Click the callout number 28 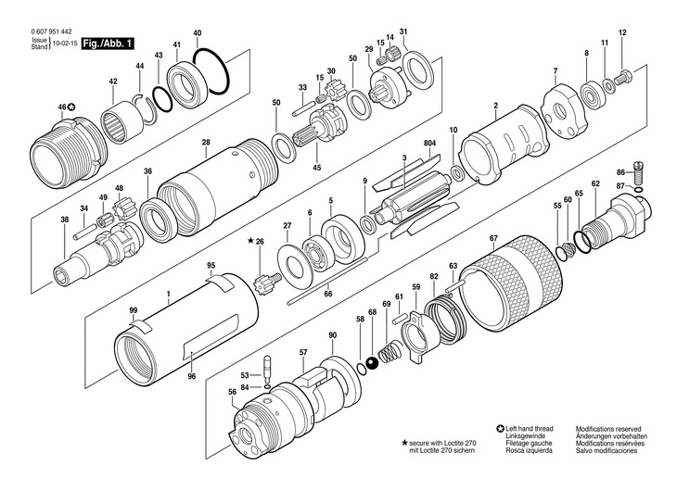click(x=206, y=142)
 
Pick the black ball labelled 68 click(x=372, y=362)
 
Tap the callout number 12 click(x=622, y=34)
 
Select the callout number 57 click(x=303, y=352)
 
